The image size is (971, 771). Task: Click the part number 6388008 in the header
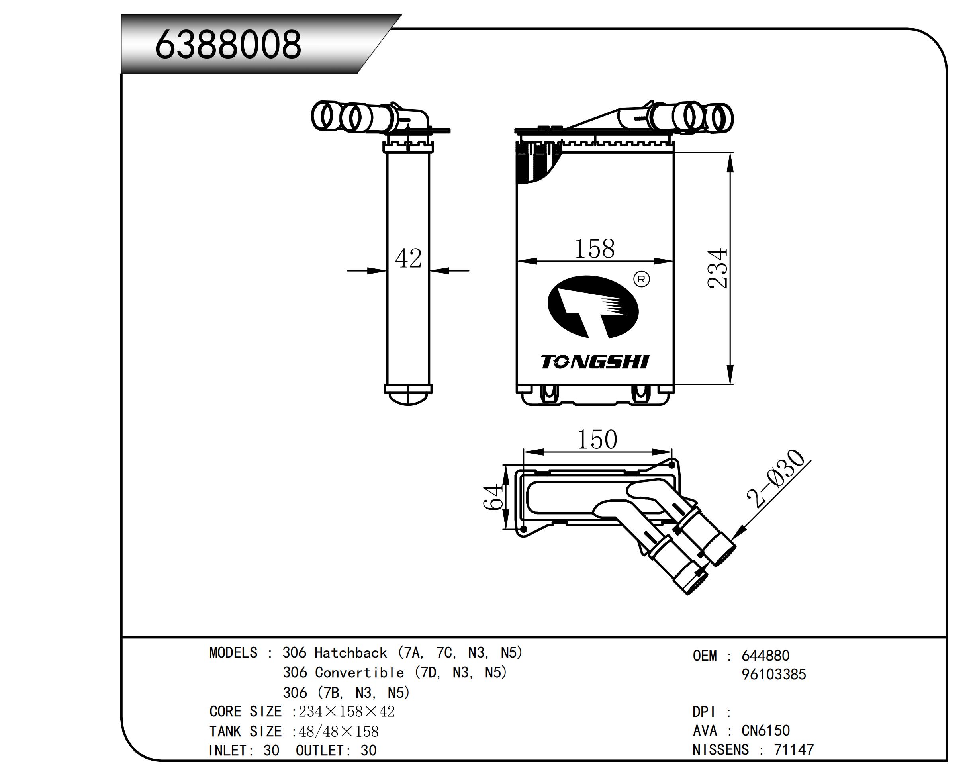coord(228,44)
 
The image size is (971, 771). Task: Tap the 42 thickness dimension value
coord(408,259)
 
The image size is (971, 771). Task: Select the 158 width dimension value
coord(595,249)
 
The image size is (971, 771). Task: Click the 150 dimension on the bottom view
coord(597,440)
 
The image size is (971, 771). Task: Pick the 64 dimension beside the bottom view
coord(492,497)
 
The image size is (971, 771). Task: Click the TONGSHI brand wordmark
coord(595,362)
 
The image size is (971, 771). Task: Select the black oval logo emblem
coord(593,307)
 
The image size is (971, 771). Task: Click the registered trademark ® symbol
coord(641,279)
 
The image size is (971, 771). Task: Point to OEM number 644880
coord(765,656)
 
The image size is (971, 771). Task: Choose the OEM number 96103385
coord(773,675)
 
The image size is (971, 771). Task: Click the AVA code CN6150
coord(765,730)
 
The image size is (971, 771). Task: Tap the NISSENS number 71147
coord(793,750)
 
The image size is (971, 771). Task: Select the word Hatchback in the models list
coord(350,653)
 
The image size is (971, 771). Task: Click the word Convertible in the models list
coord(359,672)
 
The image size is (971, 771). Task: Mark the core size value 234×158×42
coord(347,712)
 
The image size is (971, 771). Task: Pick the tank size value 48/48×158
coord(338,731)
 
